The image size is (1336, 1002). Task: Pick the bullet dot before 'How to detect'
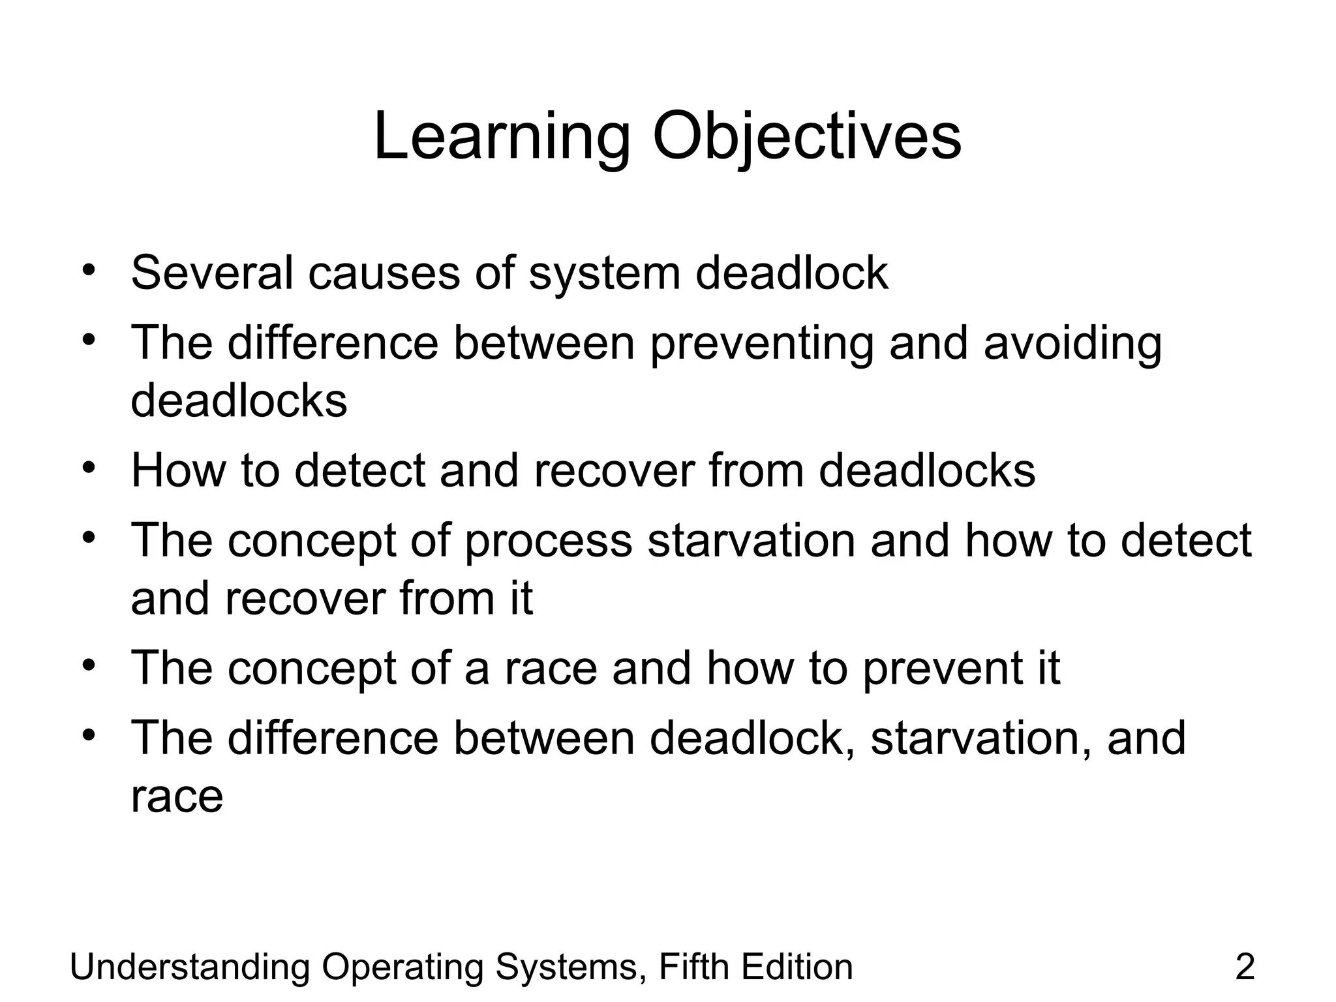pyautogui.click(x=89, y=467)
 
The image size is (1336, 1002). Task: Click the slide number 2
pyautogui.click(x=1245, y=967)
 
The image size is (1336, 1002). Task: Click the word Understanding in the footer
pyautogui.click(x=189, y=967)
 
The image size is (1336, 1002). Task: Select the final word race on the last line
pyautogui.click(x=177, y=797)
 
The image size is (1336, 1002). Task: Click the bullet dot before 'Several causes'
pyautogui.click(x=89, y=269)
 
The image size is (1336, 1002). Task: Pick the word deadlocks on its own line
pyautogui.click(x=239, y=400)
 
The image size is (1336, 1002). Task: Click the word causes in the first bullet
pyautogui.click(x=384, y=273)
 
